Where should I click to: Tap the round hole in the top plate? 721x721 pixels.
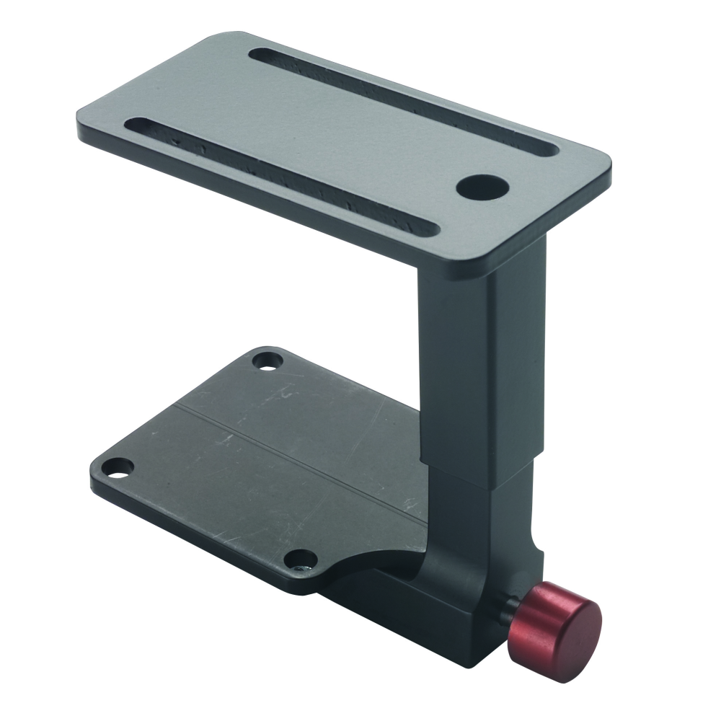pyautogui.click(x=482, y=187)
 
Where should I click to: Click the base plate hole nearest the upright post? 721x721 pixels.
pyautogui.click(x=268, y=358)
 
